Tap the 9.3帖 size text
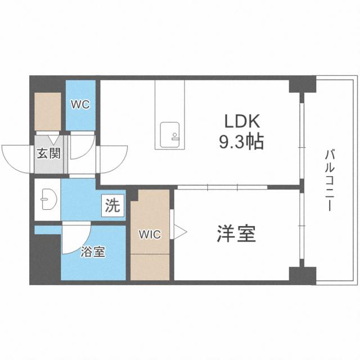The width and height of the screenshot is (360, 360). (241, 141)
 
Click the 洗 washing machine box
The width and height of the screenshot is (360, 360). (112, 206)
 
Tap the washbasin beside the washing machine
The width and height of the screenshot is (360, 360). (46, 199)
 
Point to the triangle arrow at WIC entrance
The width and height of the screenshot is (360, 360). (179, 231)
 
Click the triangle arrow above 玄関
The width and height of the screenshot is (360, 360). (52, 138)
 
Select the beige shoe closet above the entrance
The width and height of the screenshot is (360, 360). (48, 111)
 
